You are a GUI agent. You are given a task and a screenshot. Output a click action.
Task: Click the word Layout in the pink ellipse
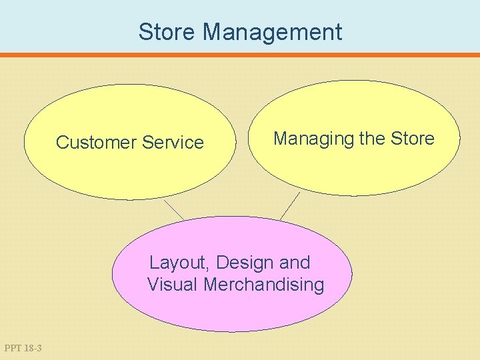click(178, 263)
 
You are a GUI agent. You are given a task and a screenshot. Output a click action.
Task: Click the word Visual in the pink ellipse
click(173, 285)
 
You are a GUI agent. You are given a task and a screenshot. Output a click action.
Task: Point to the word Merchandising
click(264, 285)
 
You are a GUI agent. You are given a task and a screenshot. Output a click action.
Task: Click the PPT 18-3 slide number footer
click(23, 348)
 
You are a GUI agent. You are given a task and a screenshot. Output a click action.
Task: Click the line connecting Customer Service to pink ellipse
click(173, 209)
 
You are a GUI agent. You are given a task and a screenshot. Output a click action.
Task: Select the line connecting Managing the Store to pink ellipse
click(290, 205)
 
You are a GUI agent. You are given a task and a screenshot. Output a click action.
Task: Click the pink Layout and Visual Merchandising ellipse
click(232, 310)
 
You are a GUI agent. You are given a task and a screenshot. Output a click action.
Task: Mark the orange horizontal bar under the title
click(240, 55)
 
